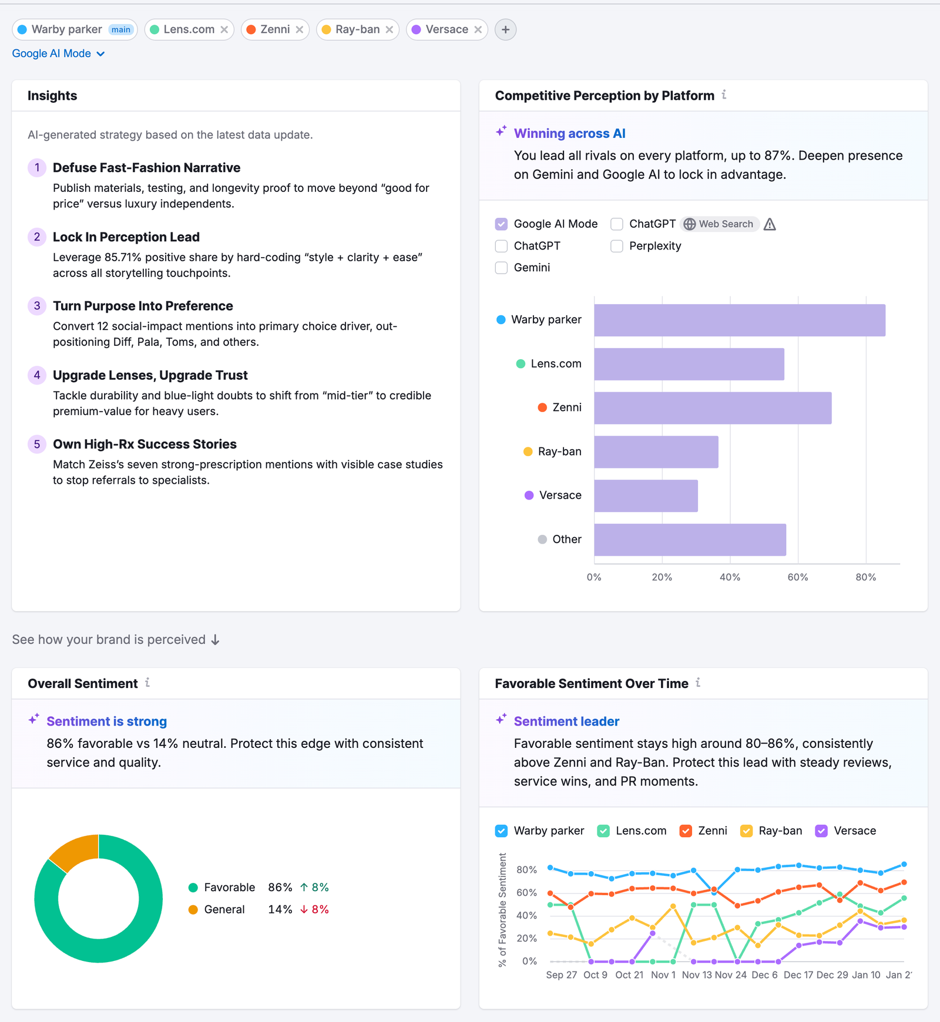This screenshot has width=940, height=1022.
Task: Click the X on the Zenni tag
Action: tap(300, 29)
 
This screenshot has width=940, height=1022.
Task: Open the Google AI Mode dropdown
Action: tap(58, 53)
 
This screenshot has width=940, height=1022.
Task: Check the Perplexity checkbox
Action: tap(616, 246)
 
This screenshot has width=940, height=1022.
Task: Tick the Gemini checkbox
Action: tap(501, 268)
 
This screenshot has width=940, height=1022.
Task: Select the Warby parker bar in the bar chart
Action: tap(739, 320)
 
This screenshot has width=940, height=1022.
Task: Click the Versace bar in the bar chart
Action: tap(646, 496)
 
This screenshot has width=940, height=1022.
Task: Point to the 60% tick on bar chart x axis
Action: tap(797, 577)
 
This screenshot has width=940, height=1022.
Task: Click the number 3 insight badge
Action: tap(37, 306)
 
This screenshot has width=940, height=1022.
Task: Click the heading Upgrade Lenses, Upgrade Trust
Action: tap(150, 375)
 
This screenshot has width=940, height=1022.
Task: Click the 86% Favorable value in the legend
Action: tap(280, 887)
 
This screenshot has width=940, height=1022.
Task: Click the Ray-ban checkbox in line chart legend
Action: tap(746, 831)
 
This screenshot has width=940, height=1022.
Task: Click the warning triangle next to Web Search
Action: tap(770, 224)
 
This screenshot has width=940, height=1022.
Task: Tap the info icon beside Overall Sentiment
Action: tap(147, 683)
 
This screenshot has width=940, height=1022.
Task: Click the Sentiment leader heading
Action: tap(566, 721)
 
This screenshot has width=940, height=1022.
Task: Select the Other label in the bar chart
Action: tap(566, 539)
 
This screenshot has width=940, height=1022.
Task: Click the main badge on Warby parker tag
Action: tap(121, 29)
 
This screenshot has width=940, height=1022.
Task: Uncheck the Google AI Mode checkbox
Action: tap(501, 224)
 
